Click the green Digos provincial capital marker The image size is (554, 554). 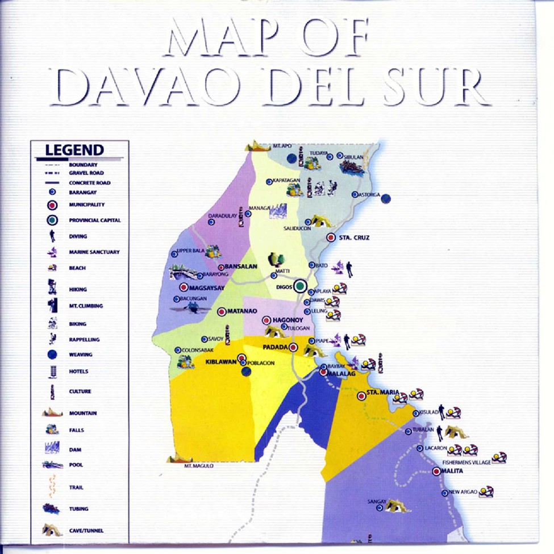tap(301, 286)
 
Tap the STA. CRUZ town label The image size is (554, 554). tap(354, 238)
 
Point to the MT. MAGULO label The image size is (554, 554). tap(199, 465)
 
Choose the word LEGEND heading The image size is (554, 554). tap(74, 151)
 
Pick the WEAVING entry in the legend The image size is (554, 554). tap(81, 355)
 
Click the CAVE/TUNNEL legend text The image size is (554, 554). tap(86, 531)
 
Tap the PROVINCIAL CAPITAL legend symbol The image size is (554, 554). tap(52, 220)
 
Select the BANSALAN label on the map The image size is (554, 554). tap(241, 266)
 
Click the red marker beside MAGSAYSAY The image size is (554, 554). tap(184, 288)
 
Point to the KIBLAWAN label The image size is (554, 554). tap(220, 361)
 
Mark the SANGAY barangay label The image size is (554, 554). tap(377, 502)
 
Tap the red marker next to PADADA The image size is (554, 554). tap(293, 347)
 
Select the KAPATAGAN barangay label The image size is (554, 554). tap(286, 181)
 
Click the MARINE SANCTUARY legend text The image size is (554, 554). tap(94, 252)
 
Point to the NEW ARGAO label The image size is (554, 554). tap(463, 492)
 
